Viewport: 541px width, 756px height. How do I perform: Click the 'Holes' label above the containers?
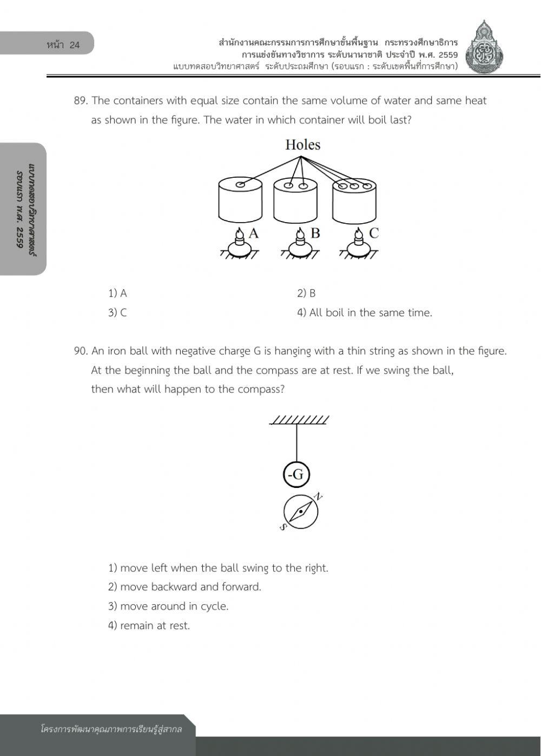[302, 145]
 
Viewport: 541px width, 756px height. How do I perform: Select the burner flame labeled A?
[239, 234]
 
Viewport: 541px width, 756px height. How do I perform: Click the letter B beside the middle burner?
[315, 233]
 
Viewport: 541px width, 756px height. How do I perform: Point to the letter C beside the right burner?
[373, 233]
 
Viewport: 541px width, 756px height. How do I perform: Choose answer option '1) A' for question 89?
[117, 293]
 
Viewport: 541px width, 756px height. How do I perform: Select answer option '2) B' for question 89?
[306, 293]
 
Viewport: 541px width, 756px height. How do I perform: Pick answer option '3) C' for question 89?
[117, 313]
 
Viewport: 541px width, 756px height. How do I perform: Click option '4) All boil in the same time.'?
[364, 313]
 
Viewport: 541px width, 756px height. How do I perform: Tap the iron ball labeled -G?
[296, 475]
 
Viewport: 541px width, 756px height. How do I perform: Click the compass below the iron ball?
[300, 511]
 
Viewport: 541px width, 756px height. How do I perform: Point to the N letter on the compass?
[319, 497]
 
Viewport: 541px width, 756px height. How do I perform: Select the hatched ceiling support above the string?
[299, 420]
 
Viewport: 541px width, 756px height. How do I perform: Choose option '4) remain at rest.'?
[149, 626]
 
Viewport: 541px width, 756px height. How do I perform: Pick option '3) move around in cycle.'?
[168, 606]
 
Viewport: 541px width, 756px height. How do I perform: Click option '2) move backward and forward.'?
[184, 587]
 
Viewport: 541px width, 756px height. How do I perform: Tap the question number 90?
[81, 351]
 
